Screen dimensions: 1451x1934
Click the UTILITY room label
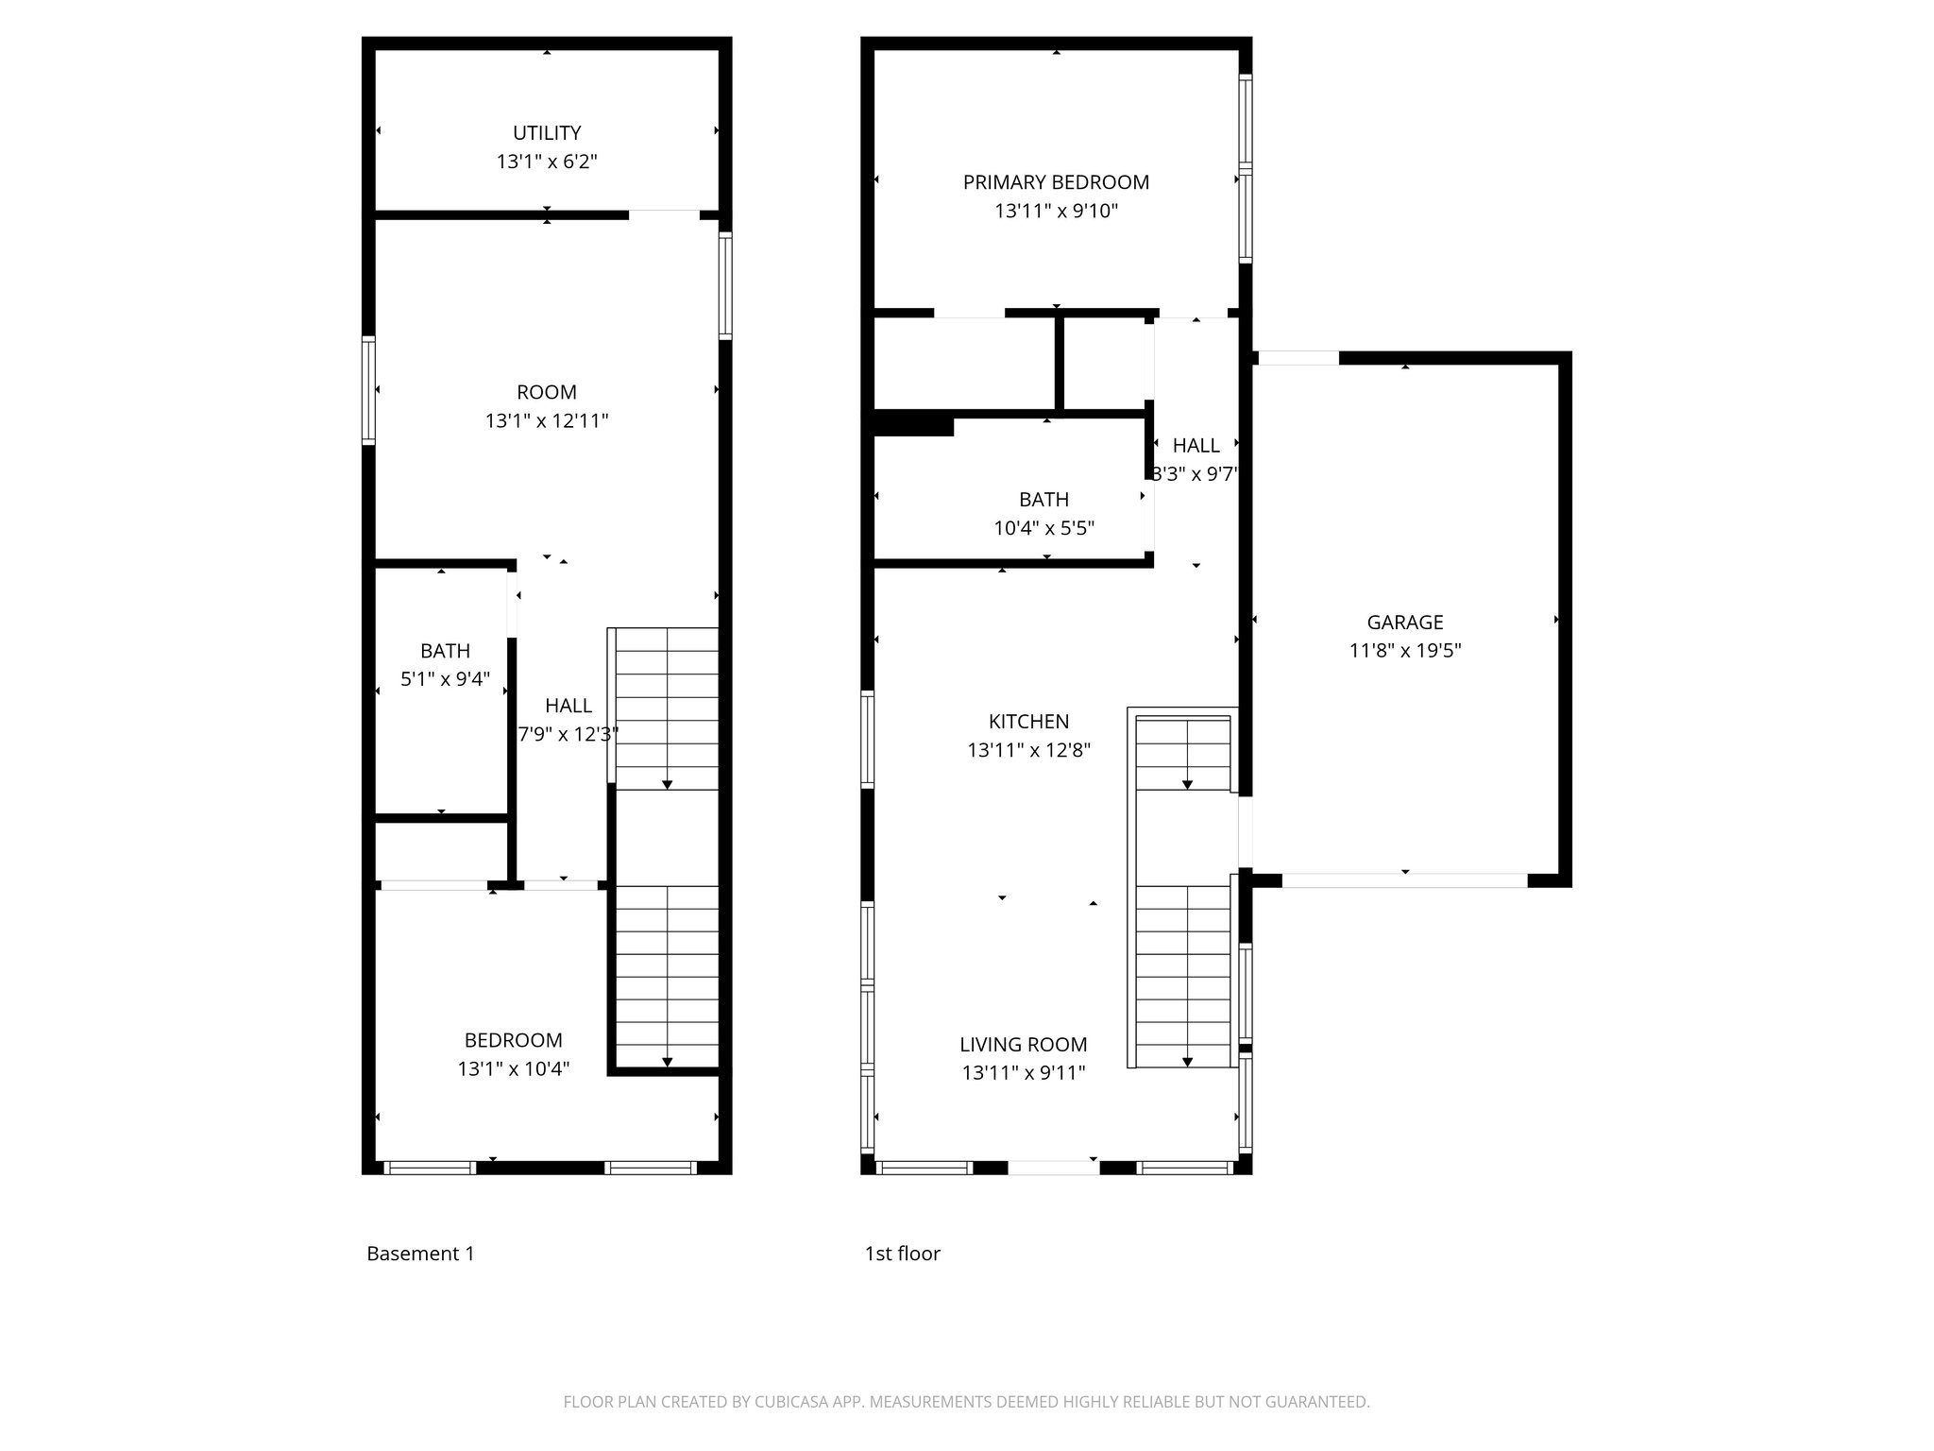(547, 133)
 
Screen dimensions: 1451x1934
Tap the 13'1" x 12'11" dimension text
(547, 421)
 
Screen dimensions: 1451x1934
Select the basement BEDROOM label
(513, 1040)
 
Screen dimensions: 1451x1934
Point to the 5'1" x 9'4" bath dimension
(445, 679)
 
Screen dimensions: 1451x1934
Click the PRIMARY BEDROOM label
(1056, 182)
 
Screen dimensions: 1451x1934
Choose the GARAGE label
(1405, 622)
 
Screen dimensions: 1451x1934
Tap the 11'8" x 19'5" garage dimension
(1405, 651)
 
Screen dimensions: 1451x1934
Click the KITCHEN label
(1028, 722)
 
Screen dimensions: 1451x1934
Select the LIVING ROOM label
(1023, 1045)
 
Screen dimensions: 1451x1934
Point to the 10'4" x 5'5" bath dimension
(1043, 528)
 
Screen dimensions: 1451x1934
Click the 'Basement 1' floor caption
(420, 1254)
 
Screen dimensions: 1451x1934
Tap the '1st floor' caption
(902, 1254)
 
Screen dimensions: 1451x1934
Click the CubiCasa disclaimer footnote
(966, 1402)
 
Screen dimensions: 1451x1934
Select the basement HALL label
(568, 706)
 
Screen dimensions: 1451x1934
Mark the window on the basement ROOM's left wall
(369, 390)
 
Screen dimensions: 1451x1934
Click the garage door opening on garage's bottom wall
(1404, 880)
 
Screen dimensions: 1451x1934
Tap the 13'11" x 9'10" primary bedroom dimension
(1056, 212)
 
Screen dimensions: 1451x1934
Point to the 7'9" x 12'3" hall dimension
(568, 734)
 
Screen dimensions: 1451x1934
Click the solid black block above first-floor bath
(913, 423)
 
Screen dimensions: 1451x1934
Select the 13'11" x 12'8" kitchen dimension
(1028, 751)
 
